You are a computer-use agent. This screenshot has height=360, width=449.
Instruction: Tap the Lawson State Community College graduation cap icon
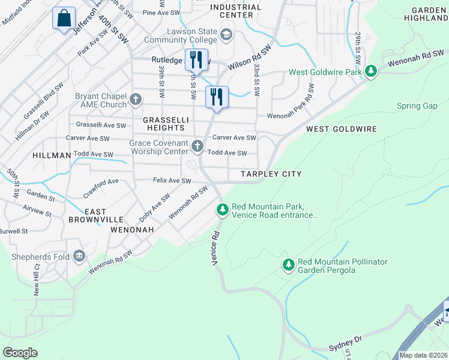click(226, 34)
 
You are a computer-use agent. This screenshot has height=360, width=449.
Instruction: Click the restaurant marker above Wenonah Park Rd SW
click(217, 97)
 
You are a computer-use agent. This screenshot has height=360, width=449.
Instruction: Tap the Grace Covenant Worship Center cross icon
click(197, 146)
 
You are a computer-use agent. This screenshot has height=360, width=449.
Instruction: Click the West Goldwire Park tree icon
click(371, 72)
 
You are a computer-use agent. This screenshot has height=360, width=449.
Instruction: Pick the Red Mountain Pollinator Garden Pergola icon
click(289, 265)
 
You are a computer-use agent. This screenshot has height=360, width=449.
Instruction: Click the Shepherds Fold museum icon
click(79, 257)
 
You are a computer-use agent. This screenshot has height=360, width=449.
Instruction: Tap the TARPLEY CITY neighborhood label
click(271, 174)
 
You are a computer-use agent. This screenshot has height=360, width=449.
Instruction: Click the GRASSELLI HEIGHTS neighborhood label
click(166, 124)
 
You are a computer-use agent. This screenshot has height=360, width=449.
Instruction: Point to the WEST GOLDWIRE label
click(341, 129)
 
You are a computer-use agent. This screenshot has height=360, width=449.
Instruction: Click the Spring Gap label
click(417, 106)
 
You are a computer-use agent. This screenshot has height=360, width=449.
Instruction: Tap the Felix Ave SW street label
click(172, 181)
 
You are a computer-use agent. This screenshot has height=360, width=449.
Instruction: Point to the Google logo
click(20, 352)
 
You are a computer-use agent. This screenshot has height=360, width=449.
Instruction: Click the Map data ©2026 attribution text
click(423, 355)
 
